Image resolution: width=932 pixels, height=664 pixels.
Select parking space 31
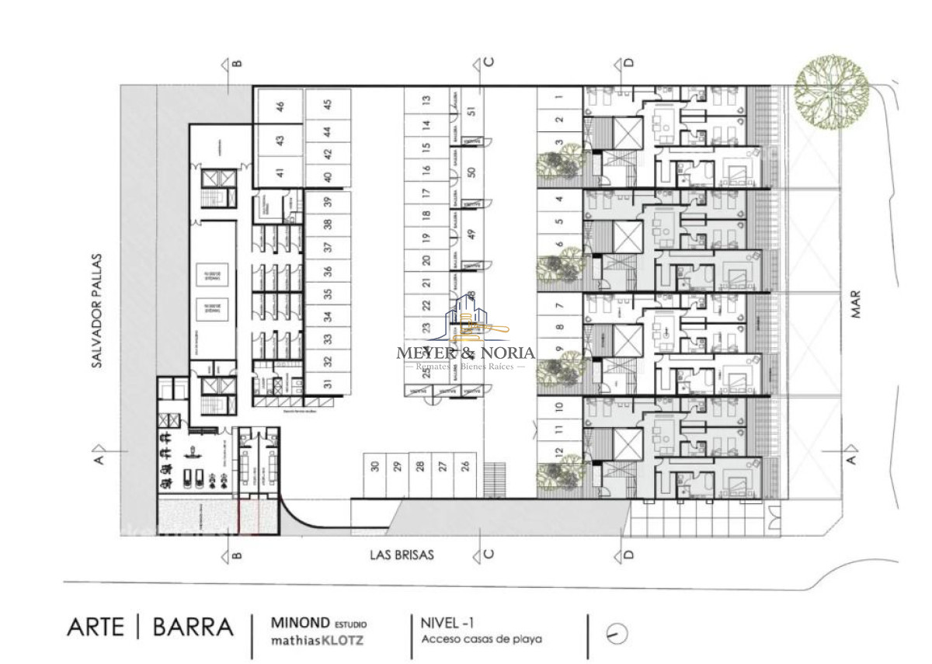328,382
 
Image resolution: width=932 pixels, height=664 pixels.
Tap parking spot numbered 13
426,100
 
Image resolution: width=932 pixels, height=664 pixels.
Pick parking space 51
471,110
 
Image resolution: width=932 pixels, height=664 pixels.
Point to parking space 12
559,452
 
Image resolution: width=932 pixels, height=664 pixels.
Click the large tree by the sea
832,91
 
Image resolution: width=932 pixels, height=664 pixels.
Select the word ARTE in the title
96,627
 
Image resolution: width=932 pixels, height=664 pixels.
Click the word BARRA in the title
192,627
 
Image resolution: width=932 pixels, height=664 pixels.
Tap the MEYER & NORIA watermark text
466,352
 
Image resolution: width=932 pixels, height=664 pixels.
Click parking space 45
328,104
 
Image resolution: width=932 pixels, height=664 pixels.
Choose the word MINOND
300,623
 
